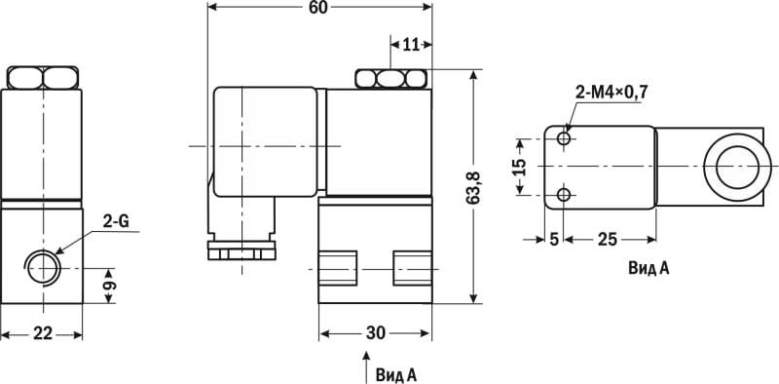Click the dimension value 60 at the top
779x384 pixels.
318,7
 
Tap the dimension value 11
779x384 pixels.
410,45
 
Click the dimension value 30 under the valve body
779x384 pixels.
375,333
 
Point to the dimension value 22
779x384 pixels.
43,333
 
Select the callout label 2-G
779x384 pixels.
116,222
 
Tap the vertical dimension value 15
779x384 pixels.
519,167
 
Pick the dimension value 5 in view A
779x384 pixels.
554,240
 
